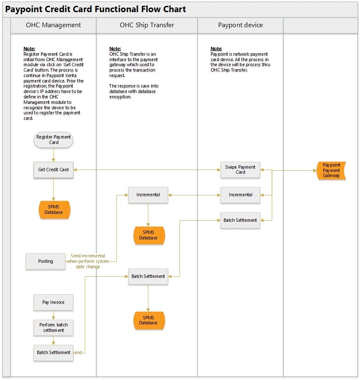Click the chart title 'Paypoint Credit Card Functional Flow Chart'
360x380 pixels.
[95, 9]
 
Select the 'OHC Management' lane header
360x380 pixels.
[53, 25]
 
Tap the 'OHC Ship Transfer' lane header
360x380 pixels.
[147, 25]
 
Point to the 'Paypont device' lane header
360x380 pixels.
[240, 25]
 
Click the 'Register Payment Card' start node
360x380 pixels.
[54, 140]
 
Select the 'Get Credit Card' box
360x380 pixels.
[54, 170]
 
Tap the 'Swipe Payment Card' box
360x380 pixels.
[240, 169]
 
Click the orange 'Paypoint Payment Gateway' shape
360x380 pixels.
[331, 170]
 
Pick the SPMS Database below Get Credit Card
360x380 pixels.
[54, 210]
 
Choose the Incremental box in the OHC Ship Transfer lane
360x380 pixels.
[148, 195]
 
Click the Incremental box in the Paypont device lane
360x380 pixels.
[240, 195]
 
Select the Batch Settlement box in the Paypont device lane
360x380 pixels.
[240, 220]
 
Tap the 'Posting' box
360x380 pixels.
[46, 261]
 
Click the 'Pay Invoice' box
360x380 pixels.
[53, 302]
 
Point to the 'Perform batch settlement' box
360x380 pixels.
[54, 328]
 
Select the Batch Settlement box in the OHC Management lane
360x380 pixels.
[54, 352]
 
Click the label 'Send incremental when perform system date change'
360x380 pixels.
[88, 261]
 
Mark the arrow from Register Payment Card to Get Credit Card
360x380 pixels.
[54, 155]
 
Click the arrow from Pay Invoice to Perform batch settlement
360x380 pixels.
[54, 315]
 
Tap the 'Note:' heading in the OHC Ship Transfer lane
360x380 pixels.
[115, 49]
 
